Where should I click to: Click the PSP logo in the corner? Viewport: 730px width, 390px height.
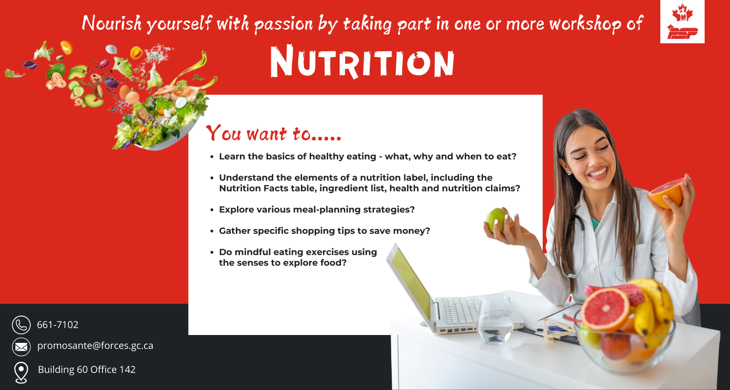[x=682, y=22]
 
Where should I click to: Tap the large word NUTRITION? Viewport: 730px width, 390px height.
[x=362, y=62]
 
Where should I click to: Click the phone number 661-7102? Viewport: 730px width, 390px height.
[x=58, y=325]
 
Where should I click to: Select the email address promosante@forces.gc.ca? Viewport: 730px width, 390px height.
[x=95, y=346]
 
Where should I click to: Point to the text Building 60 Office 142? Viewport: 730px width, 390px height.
[x=87, y=370]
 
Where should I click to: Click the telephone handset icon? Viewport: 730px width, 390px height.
[x=21, y=325]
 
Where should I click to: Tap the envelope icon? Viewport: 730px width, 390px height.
[x=21, y=347]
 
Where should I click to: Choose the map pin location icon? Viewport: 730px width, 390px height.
[x=21, y=372]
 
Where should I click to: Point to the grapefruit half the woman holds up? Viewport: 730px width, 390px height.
[x=666, y=193]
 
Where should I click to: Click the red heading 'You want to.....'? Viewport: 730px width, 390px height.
[x=274, y=133]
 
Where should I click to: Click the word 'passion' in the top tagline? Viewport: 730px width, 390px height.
[x=283, y=24]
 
